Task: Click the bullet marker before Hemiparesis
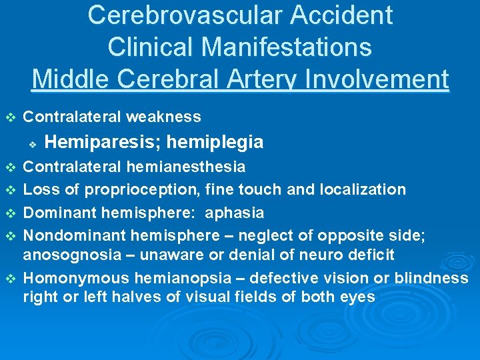click(31, 143)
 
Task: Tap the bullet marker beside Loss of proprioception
click(9, 190)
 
